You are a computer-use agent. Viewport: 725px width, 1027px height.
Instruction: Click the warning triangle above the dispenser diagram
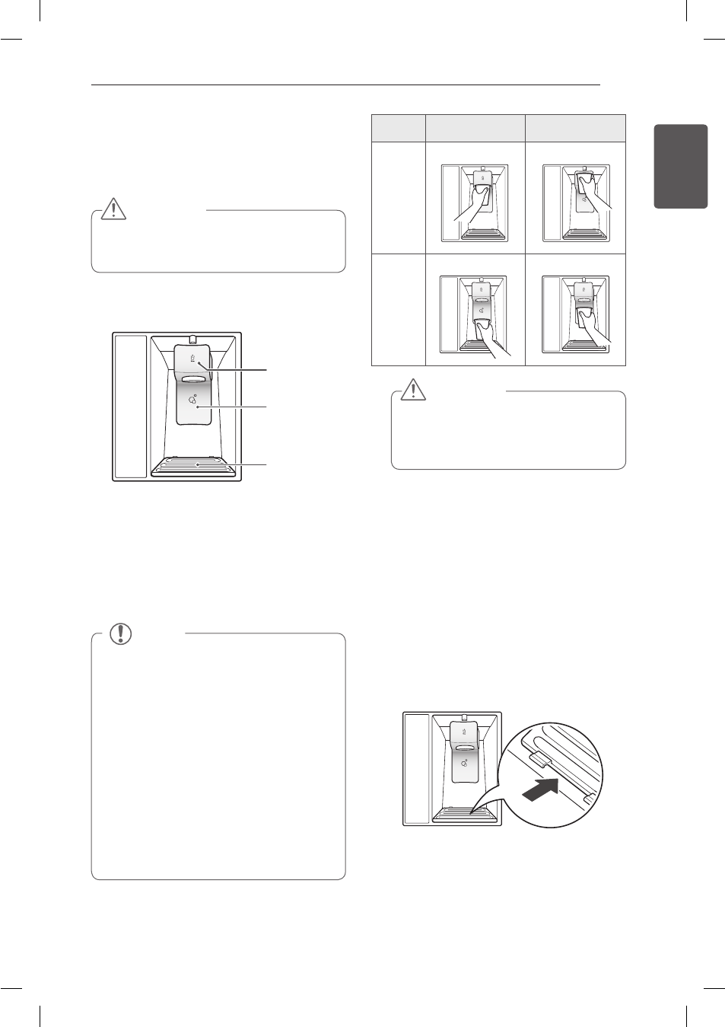pos(113,208)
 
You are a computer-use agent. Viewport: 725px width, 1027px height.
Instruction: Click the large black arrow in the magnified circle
pos(540,791)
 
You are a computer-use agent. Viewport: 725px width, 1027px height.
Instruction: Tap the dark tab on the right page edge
pos(680,166)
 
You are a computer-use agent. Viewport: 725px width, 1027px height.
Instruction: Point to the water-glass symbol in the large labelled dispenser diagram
pos(192,356)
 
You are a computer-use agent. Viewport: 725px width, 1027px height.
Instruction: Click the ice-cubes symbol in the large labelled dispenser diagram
pos(192,397)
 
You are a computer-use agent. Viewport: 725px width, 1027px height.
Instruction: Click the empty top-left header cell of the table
pos(398,128)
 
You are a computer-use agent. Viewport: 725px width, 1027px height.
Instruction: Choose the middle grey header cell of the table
pos(475,128)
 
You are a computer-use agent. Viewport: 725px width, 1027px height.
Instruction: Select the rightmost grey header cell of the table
pos(575,128)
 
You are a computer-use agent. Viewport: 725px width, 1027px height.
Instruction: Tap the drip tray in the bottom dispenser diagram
pos(466,815)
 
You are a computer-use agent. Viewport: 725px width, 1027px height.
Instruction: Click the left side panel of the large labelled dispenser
pos(130,406)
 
